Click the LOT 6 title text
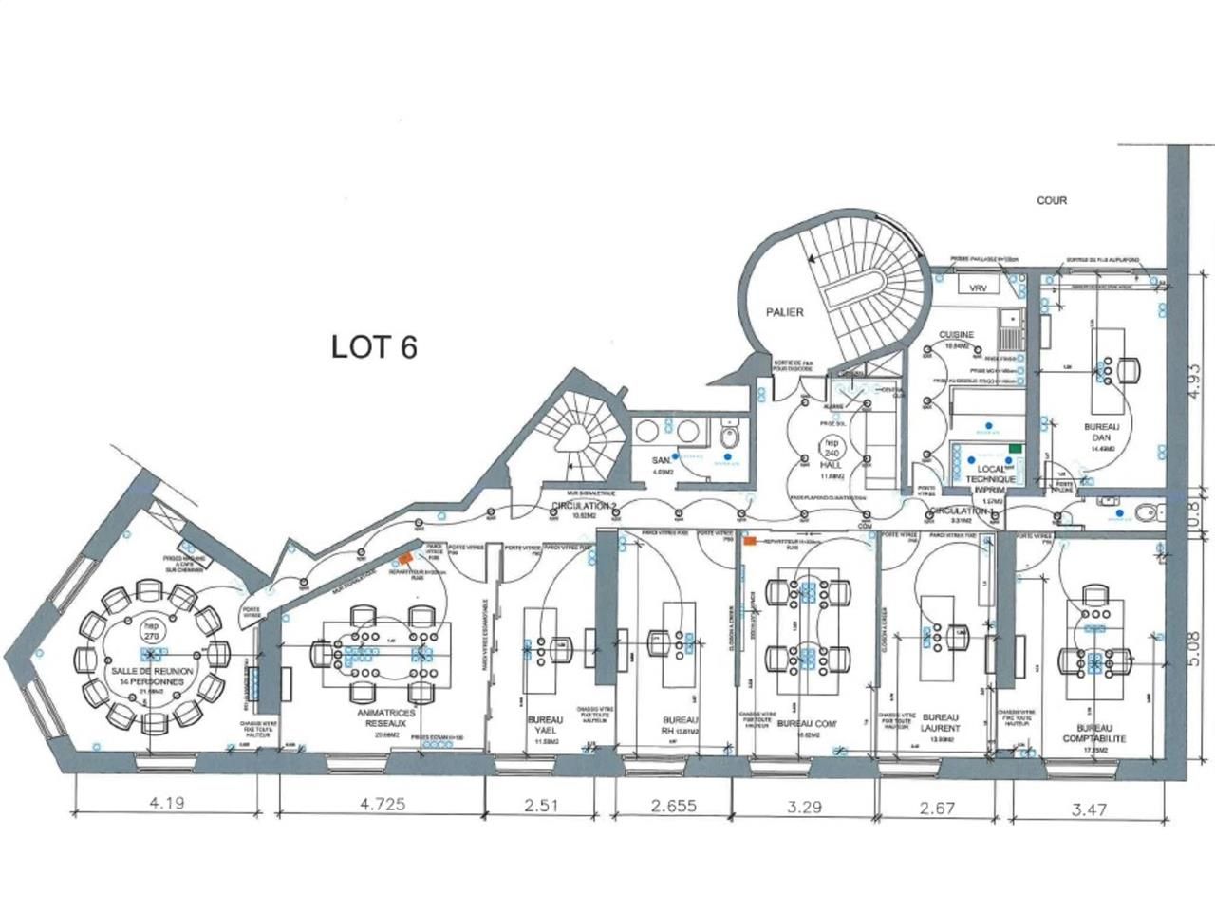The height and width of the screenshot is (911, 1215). point(374,346)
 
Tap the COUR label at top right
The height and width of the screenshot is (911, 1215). point(1052,200)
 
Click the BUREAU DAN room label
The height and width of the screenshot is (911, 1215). point(1101,433)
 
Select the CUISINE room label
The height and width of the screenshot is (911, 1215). point(957,335)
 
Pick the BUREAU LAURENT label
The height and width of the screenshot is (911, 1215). point(941,723)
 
